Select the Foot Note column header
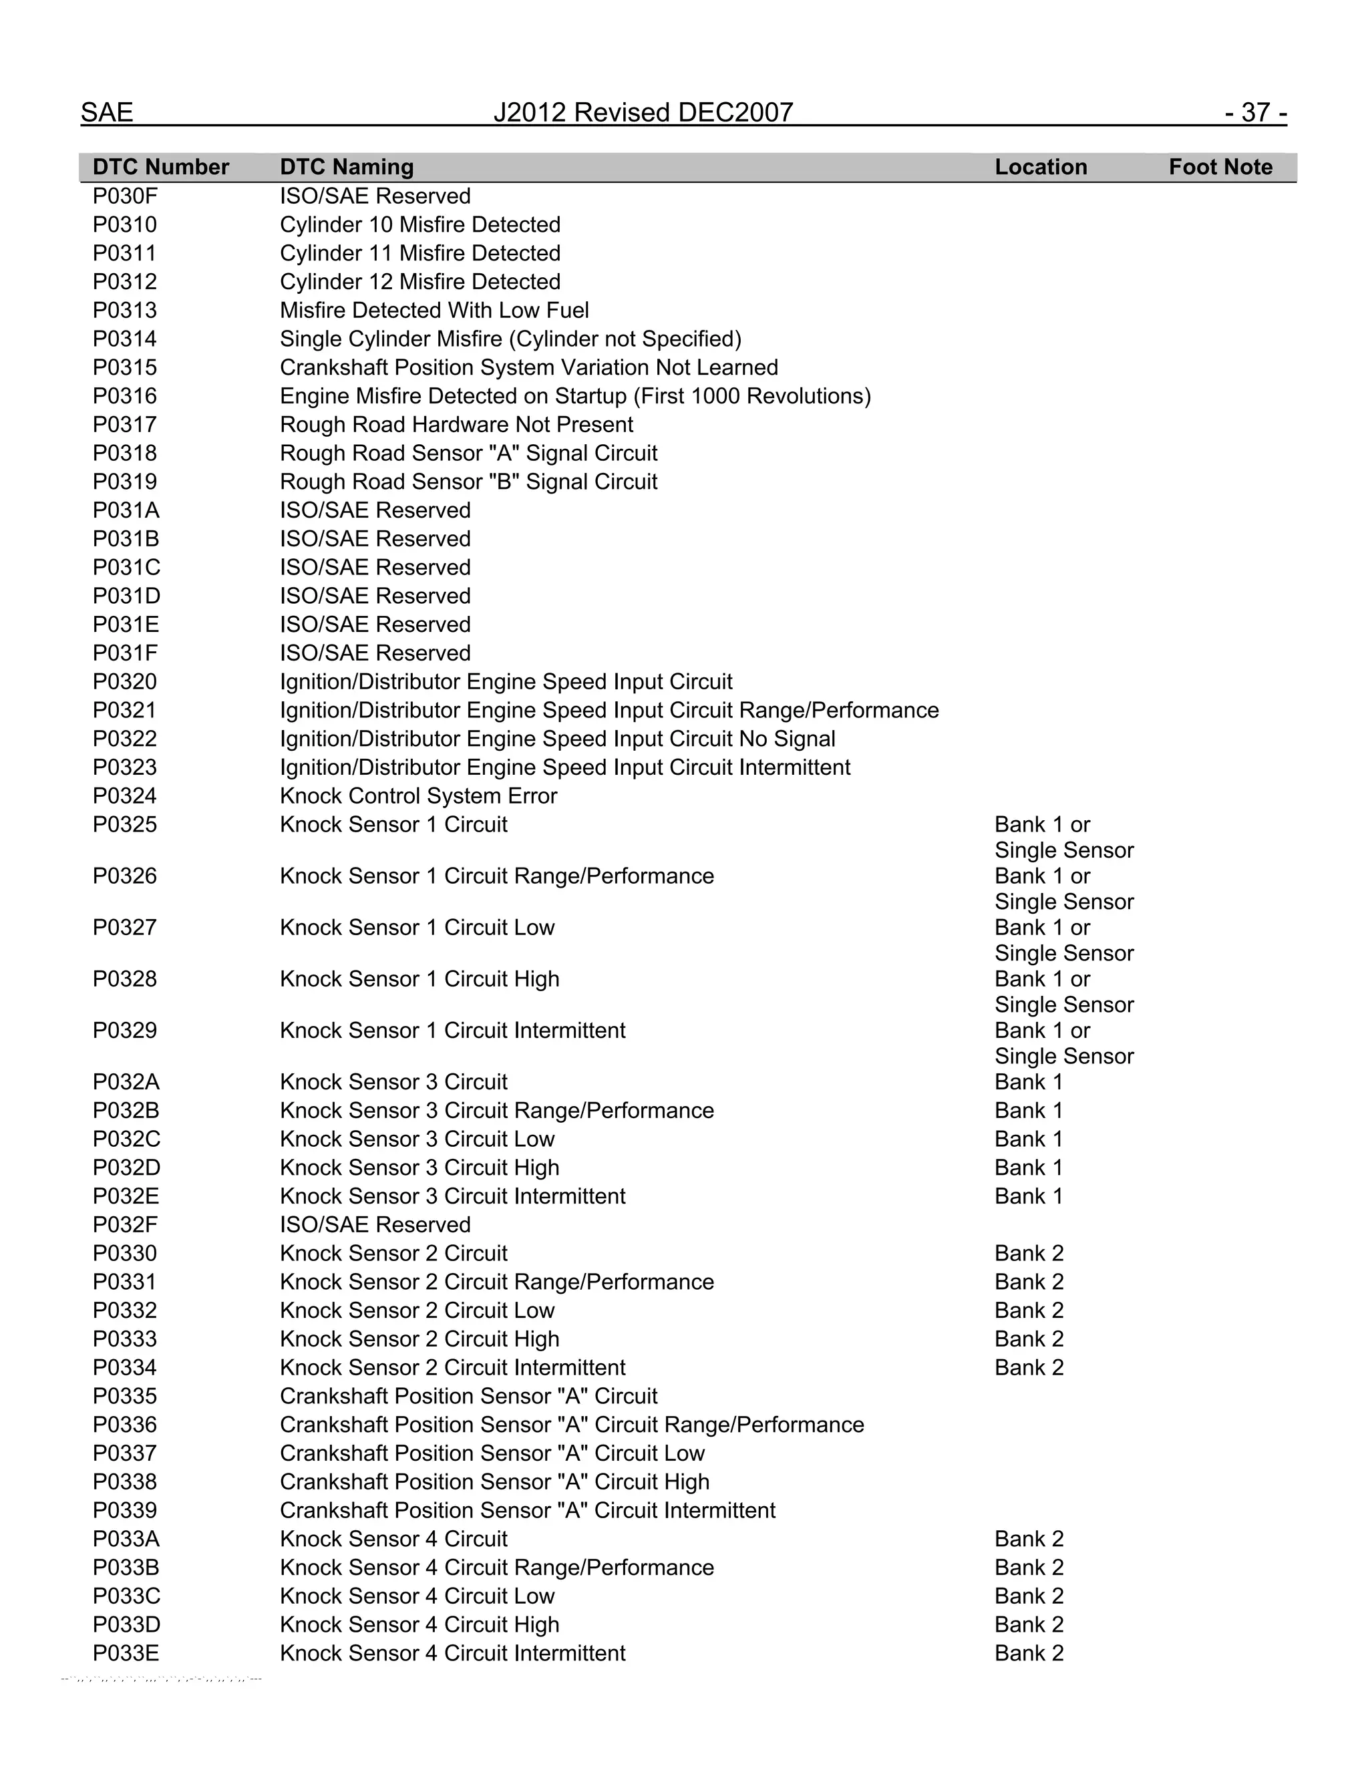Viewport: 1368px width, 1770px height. (x=1220, y=167)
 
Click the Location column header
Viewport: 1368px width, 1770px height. (x=1041, y=167)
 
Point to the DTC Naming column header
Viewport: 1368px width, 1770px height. (x=346, y=167)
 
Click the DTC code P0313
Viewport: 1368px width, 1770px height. (x=125, y=311)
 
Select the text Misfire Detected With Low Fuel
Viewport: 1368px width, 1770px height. (x=434, y=311)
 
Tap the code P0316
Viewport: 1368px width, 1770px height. (x=125, y=396)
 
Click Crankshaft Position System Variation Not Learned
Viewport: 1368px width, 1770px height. (x=528, y=368)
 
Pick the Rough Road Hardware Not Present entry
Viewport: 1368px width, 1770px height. (x=456, y=425)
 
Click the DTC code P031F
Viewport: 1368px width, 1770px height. (x=125, y=653)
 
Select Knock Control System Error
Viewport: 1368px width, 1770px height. (x=418, y=796)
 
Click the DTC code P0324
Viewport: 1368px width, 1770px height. (x=125, y=796)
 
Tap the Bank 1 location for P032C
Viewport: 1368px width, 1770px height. (x=1027, y=1139)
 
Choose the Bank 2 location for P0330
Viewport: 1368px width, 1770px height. (x=1029, y=1254)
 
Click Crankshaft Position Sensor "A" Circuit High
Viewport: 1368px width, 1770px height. (x=494, y=1482)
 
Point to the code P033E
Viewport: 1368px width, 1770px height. (x=126, y=1653)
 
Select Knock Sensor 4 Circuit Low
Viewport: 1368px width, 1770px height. (x=417, y=1596)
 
